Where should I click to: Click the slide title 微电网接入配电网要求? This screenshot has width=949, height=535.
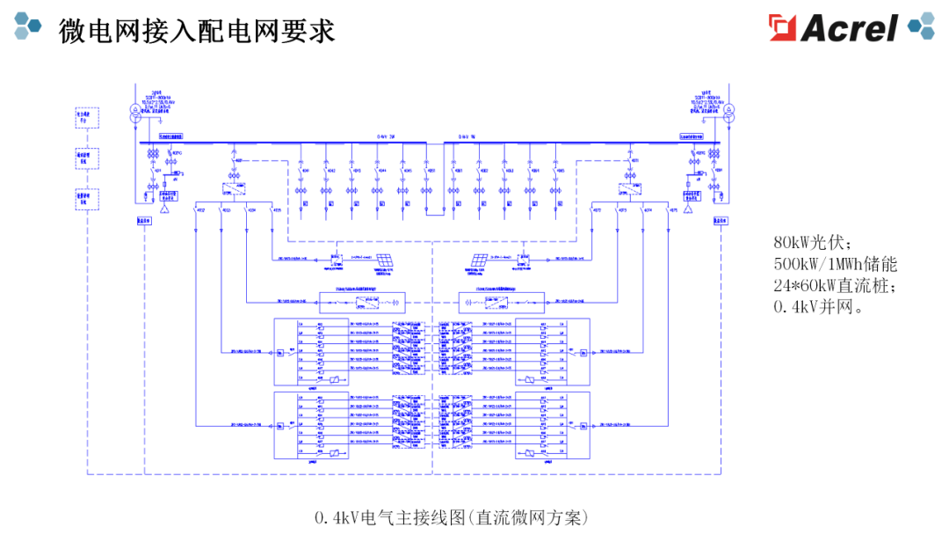[x=197, y=31]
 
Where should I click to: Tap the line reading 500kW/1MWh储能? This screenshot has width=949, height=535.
[x=835, y=264]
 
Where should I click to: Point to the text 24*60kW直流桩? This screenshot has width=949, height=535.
[x=835, y=285]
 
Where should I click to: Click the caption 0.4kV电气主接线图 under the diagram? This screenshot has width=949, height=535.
[x=451, y=517]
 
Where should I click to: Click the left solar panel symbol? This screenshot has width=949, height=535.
[x=385, y=260]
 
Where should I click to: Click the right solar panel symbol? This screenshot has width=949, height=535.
[x=480, y=260]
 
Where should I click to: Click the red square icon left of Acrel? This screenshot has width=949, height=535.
[x=782, y=27]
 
